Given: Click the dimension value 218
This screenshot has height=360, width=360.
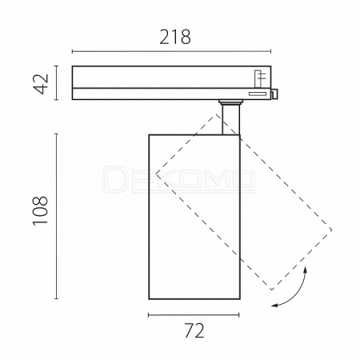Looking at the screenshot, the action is click(x=175, y=37).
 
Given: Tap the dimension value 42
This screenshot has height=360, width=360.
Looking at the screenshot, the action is click(x=42, y=83).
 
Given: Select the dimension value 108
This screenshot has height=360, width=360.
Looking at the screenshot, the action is click(x=41, y=210).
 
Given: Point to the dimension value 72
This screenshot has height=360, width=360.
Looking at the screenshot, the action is click(x=194, y=330).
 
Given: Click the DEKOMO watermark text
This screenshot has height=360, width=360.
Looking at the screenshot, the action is click(x=178, y=179).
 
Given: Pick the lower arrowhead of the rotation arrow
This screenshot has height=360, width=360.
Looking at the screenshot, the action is click(x=274, y=305).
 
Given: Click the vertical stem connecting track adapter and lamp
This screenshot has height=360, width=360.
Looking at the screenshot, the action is click(x=230, y=119).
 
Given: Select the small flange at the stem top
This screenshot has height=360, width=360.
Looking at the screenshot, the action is click(x=230, y=102).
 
